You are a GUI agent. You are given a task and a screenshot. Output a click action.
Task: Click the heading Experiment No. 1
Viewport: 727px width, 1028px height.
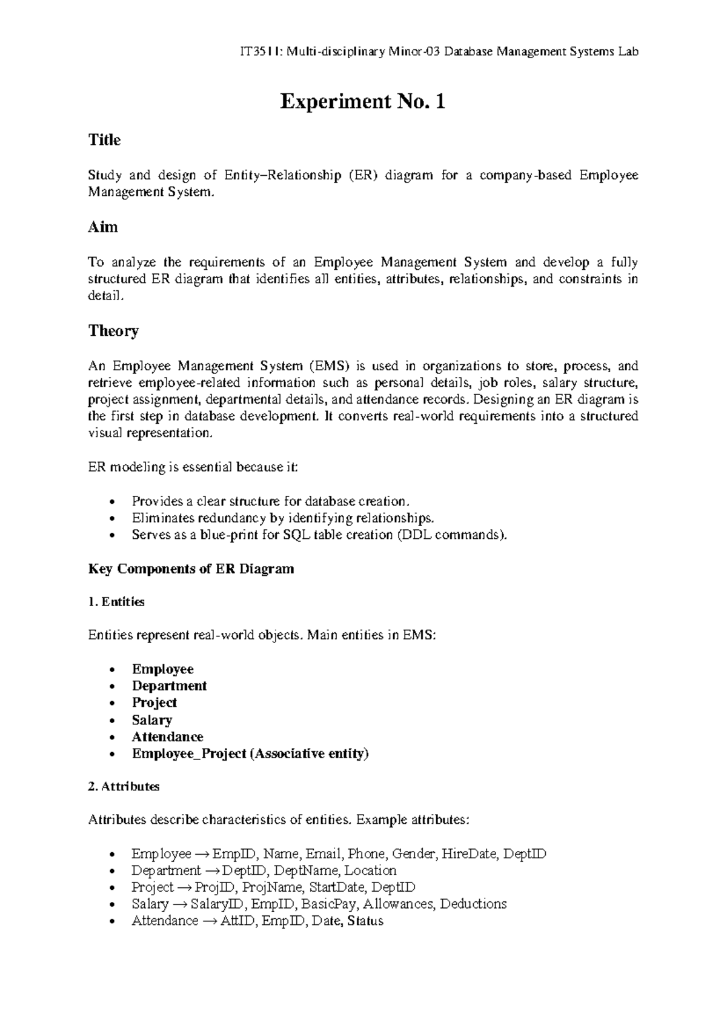(x=362, y=101)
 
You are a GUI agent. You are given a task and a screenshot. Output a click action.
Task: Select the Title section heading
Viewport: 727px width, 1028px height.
(x=104, y=140)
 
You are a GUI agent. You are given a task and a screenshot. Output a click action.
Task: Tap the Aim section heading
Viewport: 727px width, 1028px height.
(x=103, y=227)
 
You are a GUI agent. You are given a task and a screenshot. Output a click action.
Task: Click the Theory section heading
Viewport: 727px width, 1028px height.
(x=113, y=331)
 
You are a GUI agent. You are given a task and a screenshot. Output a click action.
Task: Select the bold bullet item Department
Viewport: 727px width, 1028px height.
(x=169, y=686)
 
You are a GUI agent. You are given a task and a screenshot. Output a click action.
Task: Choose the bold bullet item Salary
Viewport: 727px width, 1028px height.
(x=151, y=720)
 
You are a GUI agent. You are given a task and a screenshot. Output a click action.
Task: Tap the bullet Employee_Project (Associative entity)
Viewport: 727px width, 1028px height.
(x=250, y=754)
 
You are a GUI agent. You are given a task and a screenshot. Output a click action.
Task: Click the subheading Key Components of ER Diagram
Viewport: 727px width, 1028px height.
(x=191, y=569)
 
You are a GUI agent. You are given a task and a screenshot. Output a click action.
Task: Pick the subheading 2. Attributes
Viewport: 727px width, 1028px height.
(x=124, y=787)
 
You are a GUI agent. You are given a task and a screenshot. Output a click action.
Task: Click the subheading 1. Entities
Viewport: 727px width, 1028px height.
(x=116, y=602)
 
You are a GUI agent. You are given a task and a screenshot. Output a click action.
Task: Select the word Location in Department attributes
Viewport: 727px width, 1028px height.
(x=370, y=870)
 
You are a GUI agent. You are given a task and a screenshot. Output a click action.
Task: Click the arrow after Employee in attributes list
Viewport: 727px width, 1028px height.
(x=202, y=854)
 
